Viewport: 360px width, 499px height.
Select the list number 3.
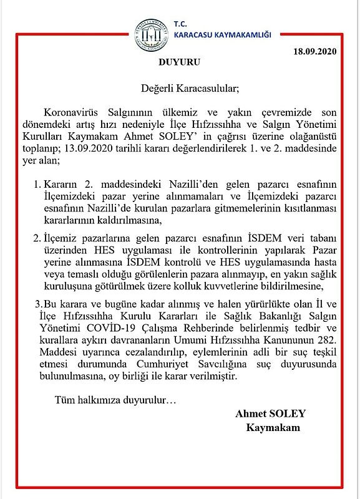[37, 304]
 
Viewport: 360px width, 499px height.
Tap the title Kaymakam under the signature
[273, 428]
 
